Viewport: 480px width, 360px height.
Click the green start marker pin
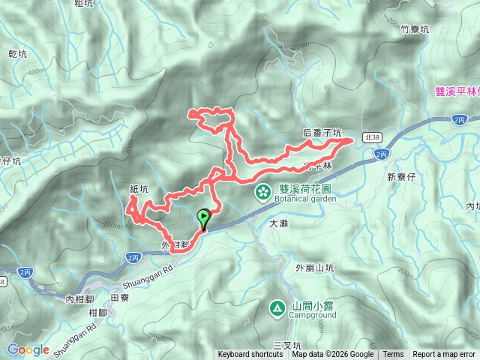point(203,218)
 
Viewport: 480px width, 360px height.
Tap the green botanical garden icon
point(263,192)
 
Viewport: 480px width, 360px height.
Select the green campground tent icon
point(277,307)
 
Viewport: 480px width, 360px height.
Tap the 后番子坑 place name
point(322,133)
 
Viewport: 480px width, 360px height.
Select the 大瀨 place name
point(278,223)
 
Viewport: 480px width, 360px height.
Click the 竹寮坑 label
point(414,29)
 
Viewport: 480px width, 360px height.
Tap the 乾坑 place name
point(16,54)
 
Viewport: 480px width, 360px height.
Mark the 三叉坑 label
point(286,344)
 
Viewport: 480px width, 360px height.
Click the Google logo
point(28,349)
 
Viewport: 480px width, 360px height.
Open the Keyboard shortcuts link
point(251,355)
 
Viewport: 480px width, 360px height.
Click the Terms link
point(393,355)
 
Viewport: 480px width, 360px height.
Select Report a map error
point(444,355)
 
